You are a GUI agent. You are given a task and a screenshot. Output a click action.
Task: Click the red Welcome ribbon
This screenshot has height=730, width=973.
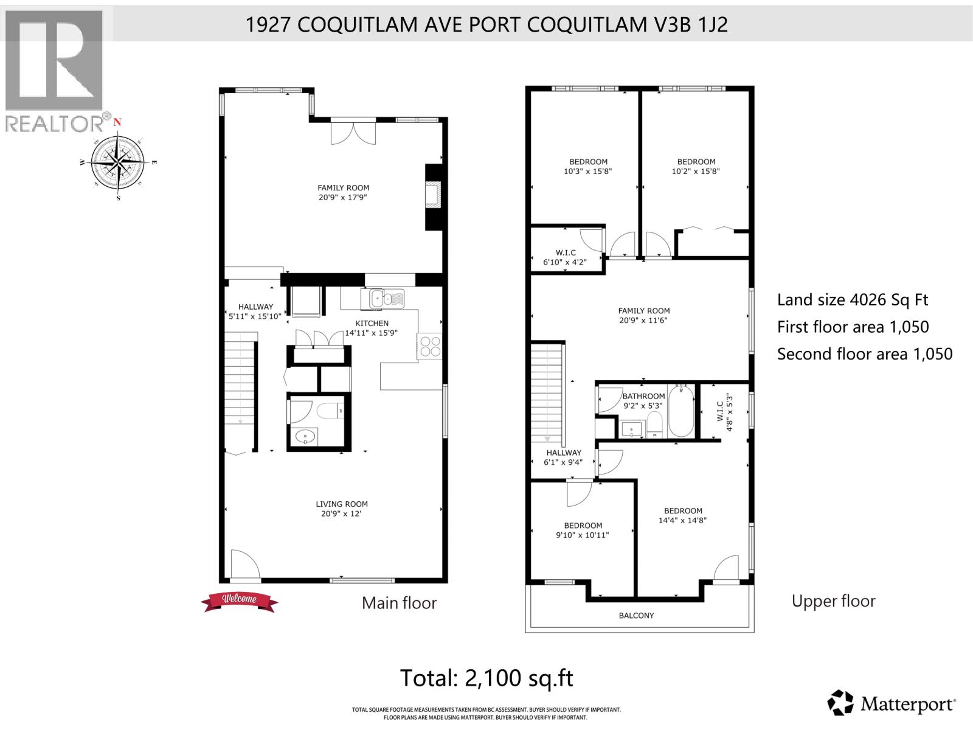coord(239,600)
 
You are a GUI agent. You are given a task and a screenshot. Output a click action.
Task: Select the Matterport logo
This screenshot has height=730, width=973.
coord(892,704)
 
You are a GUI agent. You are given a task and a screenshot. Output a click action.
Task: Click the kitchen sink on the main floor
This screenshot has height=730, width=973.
coord(386,298)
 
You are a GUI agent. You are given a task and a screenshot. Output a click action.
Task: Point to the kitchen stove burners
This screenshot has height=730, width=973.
coord(429,347)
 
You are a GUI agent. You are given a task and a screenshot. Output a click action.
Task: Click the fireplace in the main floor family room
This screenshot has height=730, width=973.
coord(433,196)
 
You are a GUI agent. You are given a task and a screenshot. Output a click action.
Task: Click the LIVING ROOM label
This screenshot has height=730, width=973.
coord(341,504)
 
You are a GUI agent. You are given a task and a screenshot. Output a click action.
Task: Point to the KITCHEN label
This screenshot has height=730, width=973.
coord(372,324)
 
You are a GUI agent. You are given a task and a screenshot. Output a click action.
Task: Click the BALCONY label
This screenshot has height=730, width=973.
coord(636,616)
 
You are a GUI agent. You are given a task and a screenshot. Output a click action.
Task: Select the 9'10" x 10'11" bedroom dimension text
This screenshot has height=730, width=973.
coord(583,535)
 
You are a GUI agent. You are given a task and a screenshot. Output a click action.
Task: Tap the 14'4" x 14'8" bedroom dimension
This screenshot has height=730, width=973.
coord(682,521)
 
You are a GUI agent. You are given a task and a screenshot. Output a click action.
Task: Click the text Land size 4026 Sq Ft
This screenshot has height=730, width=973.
coord(853,300)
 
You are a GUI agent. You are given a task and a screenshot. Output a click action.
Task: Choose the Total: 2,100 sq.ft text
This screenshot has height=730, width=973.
coord(486,678)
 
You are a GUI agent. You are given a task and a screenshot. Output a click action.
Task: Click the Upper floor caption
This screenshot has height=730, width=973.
coord(833,602)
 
